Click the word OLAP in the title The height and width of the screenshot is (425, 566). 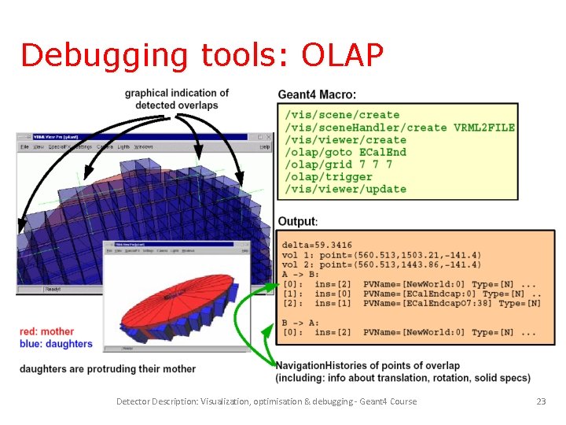[x=343, y=55]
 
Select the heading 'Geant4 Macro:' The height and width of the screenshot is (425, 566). [x=317, y=95]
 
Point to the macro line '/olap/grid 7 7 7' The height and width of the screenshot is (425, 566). [x=339, y=164]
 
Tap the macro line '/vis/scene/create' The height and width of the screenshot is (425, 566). [x=342, y=115]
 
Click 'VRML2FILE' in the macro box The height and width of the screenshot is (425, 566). [x=484, y=128]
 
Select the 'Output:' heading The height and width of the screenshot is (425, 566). [x=298, y=221]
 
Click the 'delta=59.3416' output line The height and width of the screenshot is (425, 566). [x=317, y=246]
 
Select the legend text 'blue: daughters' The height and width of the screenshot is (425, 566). [x=56, y=343]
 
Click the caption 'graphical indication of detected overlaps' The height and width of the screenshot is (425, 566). [x=177, y=99]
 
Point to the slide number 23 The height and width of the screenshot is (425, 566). [x=541, y=401]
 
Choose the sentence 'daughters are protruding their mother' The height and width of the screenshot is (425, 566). [x=108, y=368]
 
